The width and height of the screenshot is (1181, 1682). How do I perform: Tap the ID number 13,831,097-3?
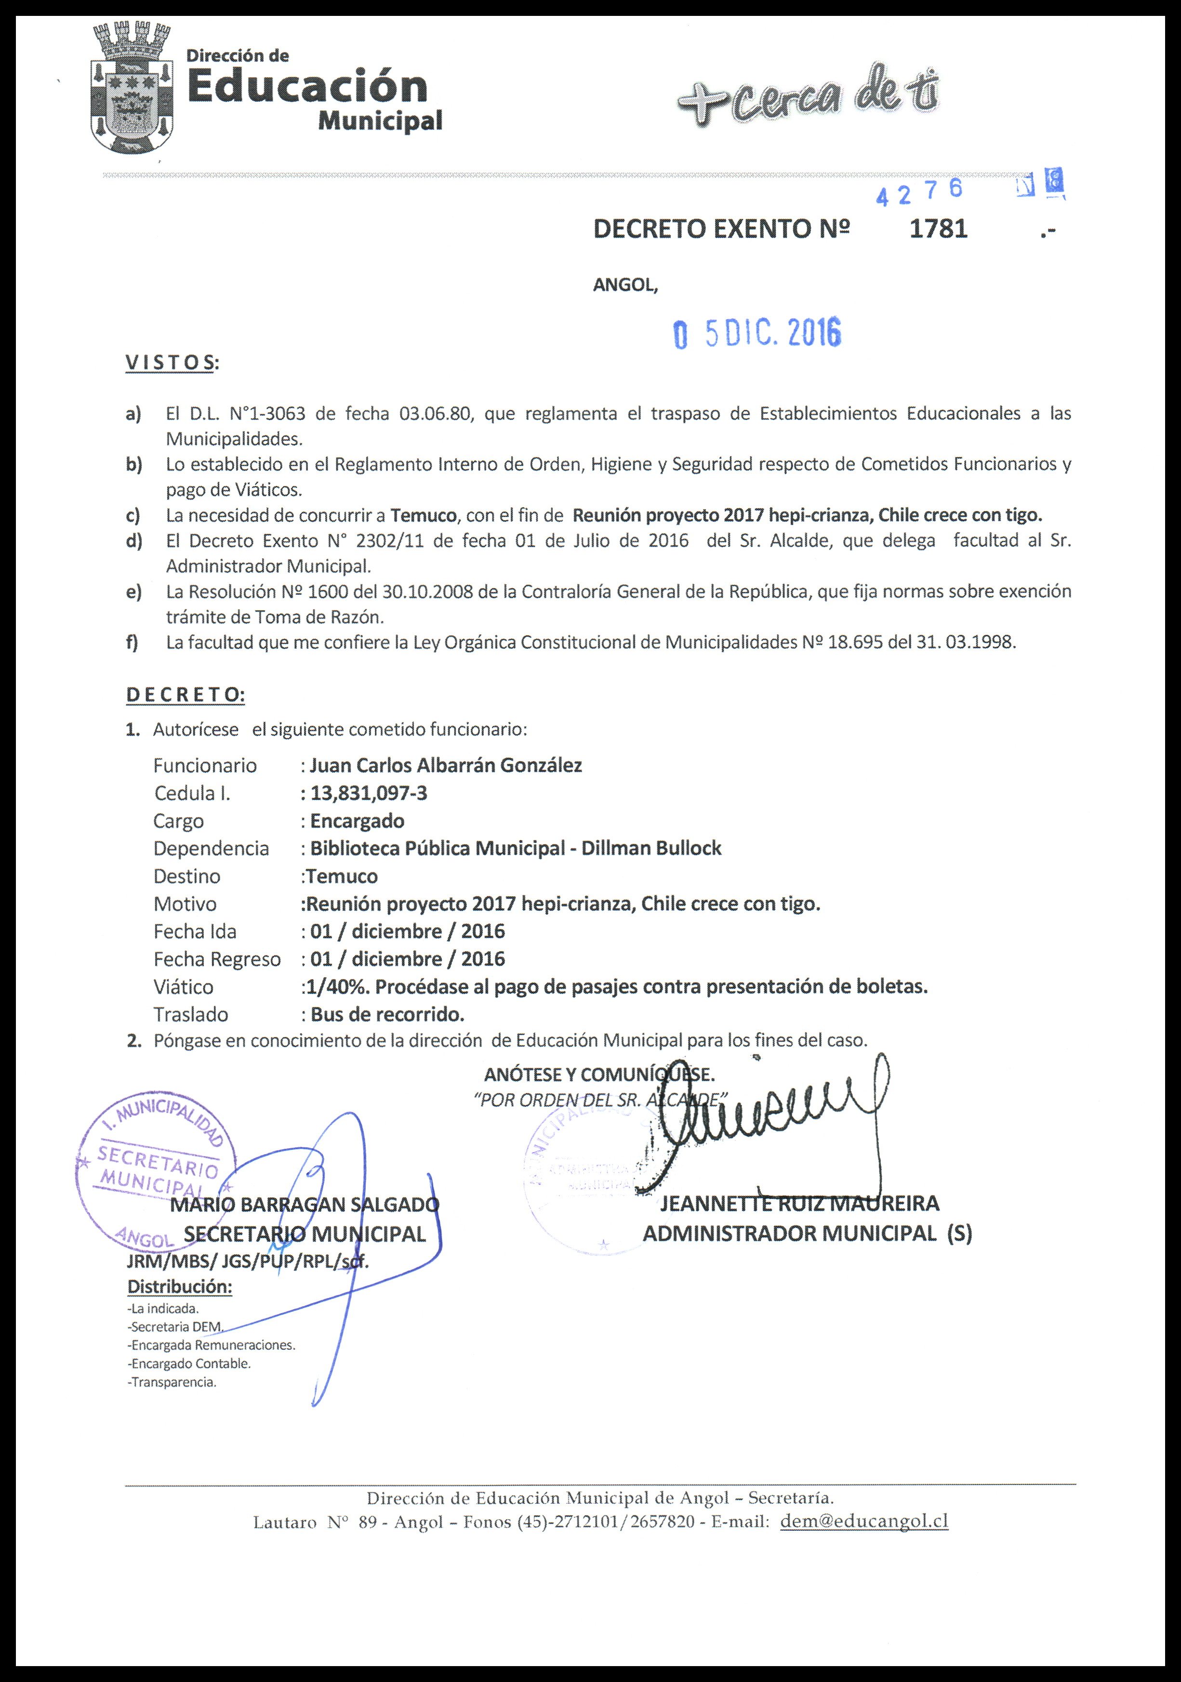click(x=369, y=793)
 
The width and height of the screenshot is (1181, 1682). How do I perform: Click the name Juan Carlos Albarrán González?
click(x=445, y=765)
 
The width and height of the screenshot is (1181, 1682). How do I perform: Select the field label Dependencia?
click(x=211, y=848)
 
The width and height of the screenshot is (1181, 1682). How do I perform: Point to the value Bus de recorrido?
click(x=387, y=1014)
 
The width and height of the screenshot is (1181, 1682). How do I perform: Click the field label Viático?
click(x=183, y=987)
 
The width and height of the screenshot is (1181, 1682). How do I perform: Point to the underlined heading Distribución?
click(x=180, y=1287)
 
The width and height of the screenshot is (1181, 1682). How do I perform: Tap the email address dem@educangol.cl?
click(x=864, y=1522)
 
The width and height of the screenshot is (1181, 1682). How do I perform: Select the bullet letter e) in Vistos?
click(x=133, y=592)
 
